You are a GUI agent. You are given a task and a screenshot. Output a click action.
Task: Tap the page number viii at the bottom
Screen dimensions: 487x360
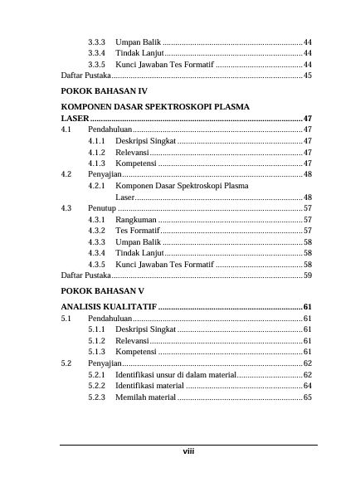click(x=188, y=451)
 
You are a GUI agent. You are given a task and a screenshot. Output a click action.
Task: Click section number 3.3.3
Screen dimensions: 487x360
click(x=97, y=41)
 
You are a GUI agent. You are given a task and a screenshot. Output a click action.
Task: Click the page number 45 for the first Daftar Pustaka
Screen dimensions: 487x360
click(x=308, y=75)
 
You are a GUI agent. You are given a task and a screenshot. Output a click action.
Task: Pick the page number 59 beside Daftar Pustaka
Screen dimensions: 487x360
click(x=308, y=274)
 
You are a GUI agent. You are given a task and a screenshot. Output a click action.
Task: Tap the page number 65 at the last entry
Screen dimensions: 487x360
click(x=308, y=397)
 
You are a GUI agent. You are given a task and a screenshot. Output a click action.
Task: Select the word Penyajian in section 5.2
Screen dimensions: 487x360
click(x=105, y=363)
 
